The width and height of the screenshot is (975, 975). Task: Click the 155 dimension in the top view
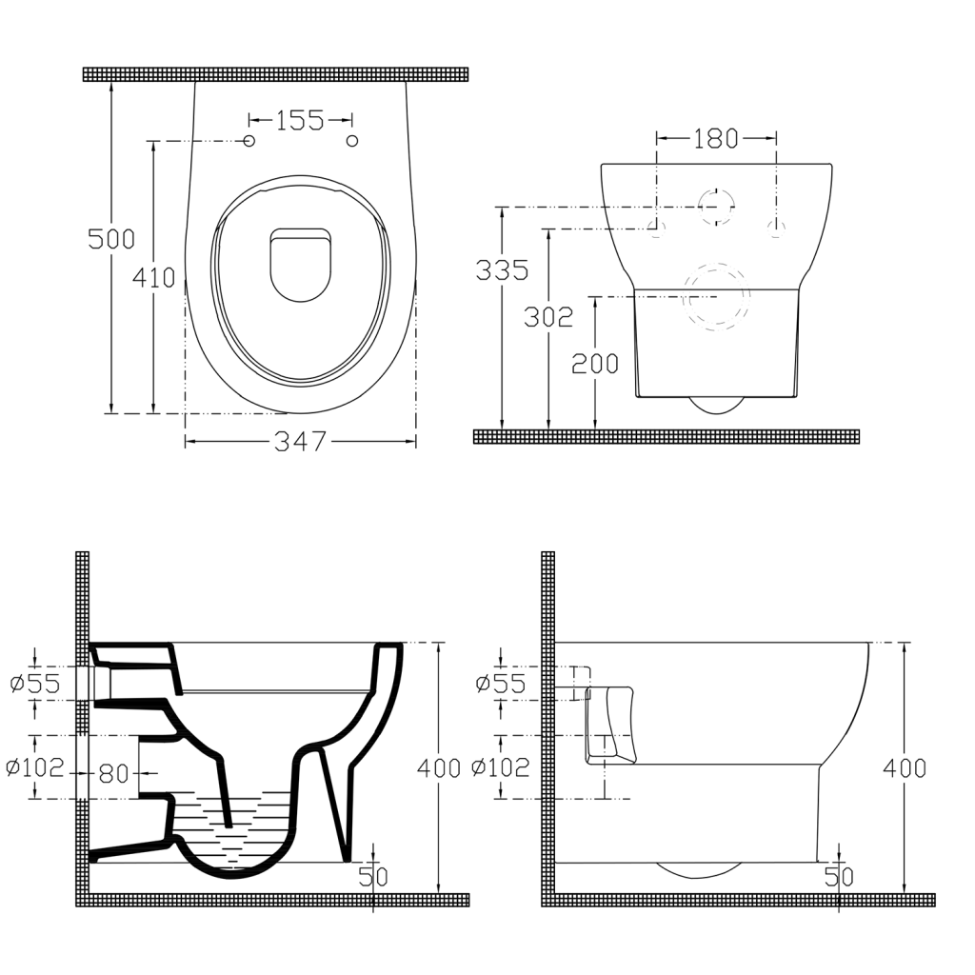pos(300,120)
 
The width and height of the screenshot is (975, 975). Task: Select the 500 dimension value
pos(111,239)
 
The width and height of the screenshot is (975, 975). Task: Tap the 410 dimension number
pos(153,278)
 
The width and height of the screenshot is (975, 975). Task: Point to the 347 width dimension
pos(300,442)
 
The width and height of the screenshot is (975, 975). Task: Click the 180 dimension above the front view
pos(715,139)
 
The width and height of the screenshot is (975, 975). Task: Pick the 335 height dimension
pos(502,269)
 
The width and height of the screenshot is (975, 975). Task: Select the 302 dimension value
pos(548,317)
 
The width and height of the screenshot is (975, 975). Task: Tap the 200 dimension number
pos(595,363)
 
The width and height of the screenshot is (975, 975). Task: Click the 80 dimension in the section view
pos(113,773)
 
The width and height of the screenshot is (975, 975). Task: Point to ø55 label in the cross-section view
pos(34,683)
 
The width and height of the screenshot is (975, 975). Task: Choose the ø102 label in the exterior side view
pos(502,767)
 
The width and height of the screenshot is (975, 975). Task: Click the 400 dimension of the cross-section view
pos(439,767)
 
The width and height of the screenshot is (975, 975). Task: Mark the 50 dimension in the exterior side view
pos(839,877)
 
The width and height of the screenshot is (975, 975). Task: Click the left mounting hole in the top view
pos(249,141)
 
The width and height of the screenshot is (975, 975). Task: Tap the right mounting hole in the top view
pos(352,141)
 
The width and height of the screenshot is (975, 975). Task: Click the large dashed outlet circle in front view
pos(716,296)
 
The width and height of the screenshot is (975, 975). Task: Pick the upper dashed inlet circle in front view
pos(716,206)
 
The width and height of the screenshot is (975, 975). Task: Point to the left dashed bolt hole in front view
pos(656,228)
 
